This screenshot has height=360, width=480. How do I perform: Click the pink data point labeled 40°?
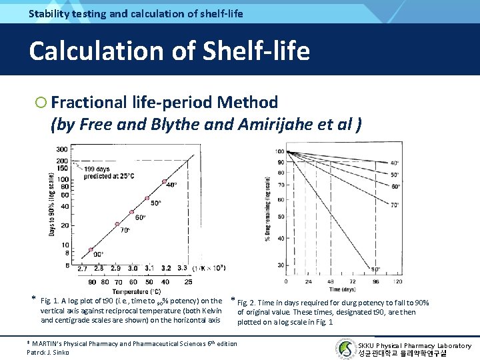(164, 181)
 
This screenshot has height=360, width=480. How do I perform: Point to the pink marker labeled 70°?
(117, 224)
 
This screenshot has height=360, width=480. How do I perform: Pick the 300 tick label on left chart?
(61, 149)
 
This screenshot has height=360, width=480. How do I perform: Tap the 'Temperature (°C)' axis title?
(136, 291)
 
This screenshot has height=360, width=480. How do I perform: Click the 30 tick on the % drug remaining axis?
(281, 265)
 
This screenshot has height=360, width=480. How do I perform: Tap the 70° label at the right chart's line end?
(395, 205)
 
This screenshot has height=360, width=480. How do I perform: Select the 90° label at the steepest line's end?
(375, 269)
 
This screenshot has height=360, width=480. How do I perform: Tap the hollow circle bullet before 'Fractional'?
(41, 103)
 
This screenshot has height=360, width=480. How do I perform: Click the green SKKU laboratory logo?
(345, 348)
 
